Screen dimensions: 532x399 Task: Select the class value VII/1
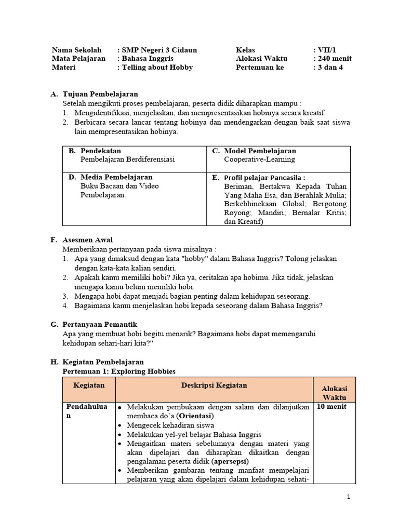[326, 50]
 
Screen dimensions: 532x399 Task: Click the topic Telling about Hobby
[157, 68]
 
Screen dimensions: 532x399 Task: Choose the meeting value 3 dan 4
[331, 68]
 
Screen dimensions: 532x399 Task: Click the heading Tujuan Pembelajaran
[100, 94]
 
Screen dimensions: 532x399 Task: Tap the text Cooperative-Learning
[259, 159]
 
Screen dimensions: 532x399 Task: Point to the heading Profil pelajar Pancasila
[264, 177]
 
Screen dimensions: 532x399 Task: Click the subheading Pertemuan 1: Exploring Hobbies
[119, 371]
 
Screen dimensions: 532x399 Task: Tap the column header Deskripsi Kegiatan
[214, 385]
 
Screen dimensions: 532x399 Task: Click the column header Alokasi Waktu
[335, 393]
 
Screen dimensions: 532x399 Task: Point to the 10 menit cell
[331, 407]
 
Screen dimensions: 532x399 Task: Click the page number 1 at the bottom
[349, 497]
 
